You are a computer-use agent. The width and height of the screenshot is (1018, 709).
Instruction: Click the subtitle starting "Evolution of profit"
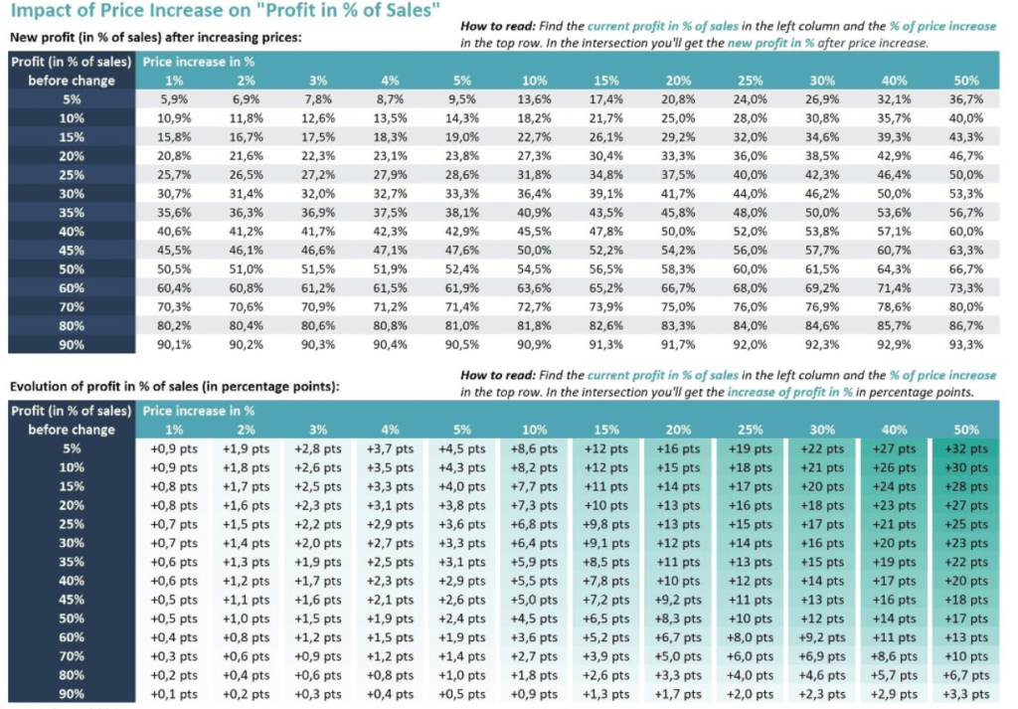pyautogui.click(x=174, y=386)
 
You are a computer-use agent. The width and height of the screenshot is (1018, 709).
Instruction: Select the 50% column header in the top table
pyautogui.click(x=965, y=81)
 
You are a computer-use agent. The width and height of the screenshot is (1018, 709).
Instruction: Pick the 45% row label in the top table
pyautogui.click(x=71, y=250)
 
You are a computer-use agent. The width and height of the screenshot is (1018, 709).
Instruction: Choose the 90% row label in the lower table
pyautogui.click(x=71, y=694)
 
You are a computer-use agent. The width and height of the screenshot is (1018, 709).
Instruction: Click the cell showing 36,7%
pyautogui.click(x=965, y=99)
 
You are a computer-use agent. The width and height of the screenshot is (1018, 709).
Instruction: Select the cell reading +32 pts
pyautogui.click(x=965, y=448)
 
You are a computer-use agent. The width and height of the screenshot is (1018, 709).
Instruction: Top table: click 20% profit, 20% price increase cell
pyautogui.click(x=679, y=156)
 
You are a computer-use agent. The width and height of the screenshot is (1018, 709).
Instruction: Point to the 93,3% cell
pyautogui.click(x=965, y=345)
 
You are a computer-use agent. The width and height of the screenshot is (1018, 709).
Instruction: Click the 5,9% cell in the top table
pyautogui.click(x=174, y=99)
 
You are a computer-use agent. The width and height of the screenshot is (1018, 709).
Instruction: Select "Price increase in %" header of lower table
pyautogui.click(x=199, y=411)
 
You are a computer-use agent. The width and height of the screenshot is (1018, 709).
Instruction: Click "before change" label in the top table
pyautogui.click(x=72, y=81)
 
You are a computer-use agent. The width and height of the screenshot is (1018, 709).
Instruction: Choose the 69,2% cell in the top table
pyautogui.click(x=822, y=288)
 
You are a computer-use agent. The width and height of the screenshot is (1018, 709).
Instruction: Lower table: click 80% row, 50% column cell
pyautogui.click(x=965, y=675)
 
